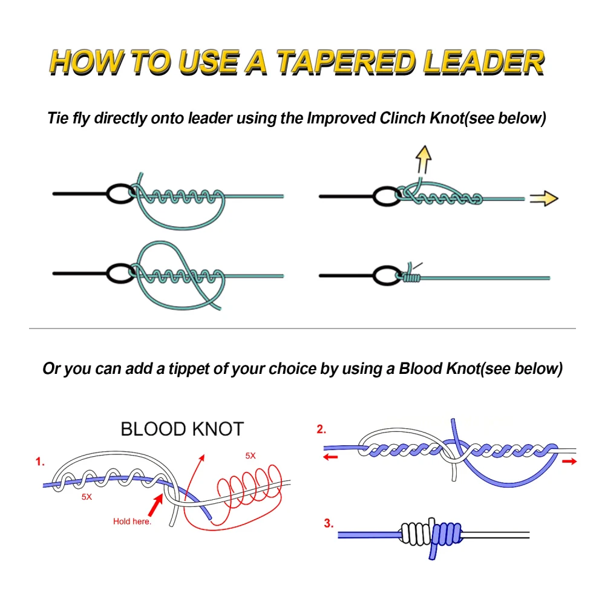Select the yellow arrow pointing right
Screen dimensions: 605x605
[x=543, y=198]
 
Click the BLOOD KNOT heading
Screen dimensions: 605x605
[x=181, y=430]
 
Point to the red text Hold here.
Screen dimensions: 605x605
[x=132, y=521]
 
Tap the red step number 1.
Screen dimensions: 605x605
[x=40, y=462]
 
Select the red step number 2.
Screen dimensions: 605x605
[x=321, y=430]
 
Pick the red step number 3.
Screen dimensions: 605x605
[x=329, y=523]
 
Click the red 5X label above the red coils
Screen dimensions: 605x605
[x=250, y=456]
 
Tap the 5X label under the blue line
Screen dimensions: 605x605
[x=86, y=497]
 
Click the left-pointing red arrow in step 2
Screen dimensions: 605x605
[x=330, y=457]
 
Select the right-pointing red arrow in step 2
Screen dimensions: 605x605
[x=569, y=461]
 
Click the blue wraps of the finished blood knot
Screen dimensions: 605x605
[x=445, y=535]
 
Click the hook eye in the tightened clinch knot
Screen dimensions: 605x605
[x=387, y=277]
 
